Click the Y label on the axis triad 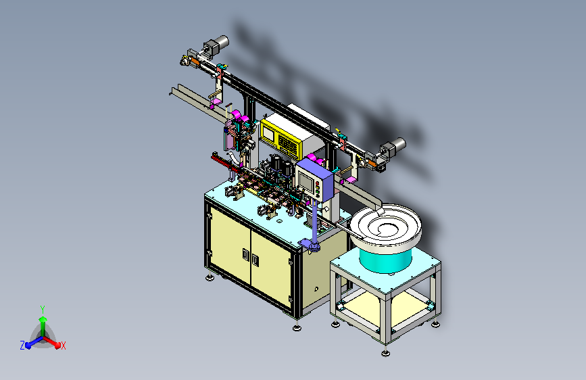point(43,309)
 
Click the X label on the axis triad point(64,346)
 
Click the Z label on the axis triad point(22,346)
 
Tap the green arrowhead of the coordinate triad point(43,319)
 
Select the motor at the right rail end point(393,147)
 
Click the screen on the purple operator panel point(306,181)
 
